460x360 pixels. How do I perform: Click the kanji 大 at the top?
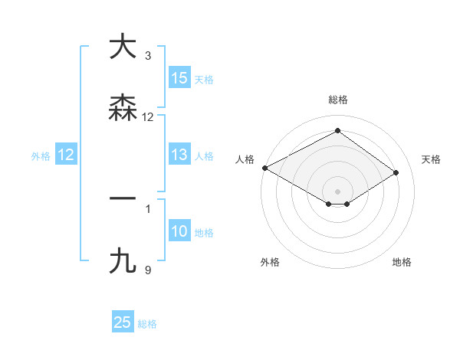122,47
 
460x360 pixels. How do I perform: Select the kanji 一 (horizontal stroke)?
122,198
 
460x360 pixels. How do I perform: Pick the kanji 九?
122,260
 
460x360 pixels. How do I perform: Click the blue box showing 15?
179,78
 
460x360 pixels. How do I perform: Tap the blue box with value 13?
179,155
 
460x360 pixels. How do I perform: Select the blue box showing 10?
179,231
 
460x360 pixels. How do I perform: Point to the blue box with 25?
123,323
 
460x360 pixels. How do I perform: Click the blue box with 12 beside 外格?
66,155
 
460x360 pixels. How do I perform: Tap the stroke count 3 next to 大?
148,56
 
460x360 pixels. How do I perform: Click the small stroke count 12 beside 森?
148,117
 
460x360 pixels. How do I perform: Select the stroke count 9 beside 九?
148,270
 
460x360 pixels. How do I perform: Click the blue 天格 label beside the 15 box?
204,79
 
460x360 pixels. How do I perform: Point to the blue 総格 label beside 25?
147,324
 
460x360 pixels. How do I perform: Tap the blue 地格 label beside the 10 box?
204,232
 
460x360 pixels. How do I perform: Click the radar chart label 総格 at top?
338,100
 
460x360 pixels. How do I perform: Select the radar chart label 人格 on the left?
245,159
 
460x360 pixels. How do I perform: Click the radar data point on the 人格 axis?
264,168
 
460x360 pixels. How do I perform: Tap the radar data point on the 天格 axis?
396,172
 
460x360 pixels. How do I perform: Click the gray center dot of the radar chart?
338,191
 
